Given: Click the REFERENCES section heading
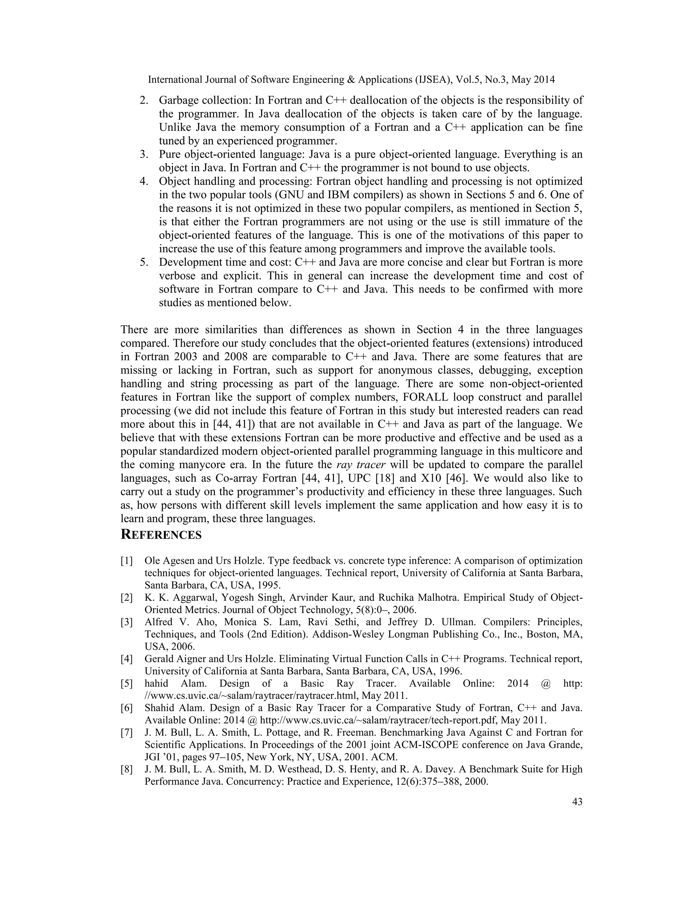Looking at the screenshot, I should (x=161, y=535).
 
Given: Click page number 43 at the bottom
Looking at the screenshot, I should (x=577, y=802).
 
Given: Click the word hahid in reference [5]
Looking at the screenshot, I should (x=157, y=684).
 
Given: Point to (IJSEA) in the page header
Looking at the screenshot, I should (x=433, y=79).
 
